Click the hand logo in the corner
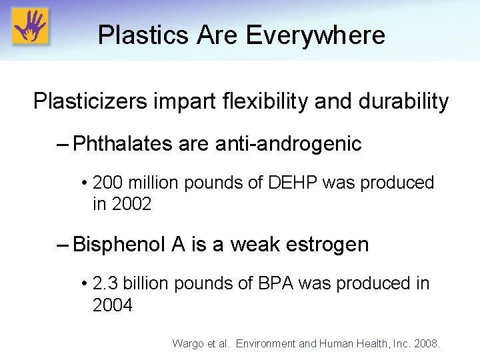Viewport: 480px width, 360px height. point(31,26)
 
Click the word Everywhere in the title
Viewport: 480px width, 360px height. point(315,35)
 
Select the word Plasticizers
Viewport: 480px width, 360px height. point(93,101)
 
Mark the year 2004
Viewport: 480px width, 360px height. point(112,305)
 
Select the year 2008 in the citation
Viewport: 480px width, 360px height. point(427,343)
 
